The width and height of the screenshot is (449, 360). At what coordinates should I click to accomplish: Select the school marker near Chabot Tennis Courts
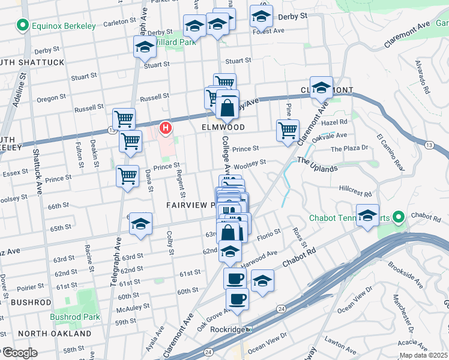pyautogui.click(x=367, y=215)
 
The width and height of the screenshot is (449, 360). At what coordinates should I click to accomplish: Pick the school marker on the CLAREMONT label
pyautogui.click(x=321, y=88)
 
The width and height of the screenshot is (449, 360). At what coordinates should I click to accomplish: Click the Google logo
pyautogui.click(x=20, y=352)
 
